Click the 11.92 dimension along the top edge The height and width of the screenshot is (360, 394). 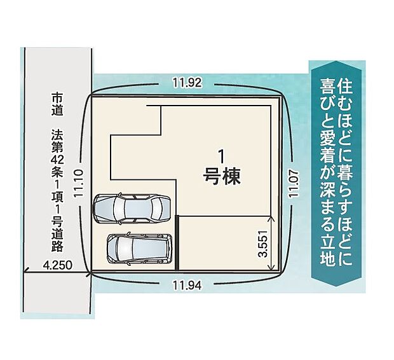[190, 82]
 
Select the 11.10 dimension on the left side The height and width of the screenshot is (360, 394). [79, 183]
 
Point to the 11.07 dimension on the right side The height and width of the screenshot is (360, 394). [293, 184]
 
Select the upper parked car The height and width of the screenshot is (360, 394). [132, 208]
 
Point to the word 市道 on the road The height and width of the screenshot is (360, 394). [57, 106]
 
